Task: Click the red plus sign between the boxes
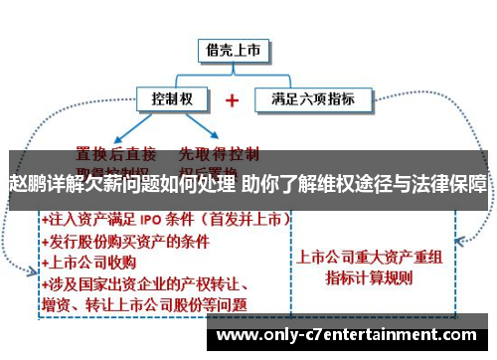pos(233,100)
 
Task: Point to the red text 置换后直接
pos(115,154)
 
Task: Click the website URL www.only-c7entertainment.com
pos(349,335)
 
